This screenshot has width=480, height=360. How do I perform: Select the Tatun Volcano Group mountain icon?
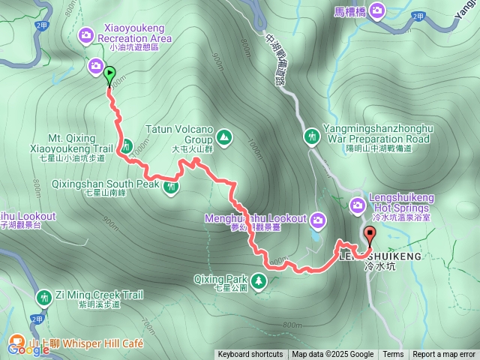point(223,137)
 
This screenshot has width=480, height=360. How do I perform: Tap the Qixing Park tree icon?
point(259,280)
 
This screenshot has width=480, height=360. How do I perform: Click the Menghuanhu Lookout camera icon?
point(318,220)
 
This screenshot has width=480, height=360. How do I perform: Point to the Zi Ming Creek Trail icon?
point(44,298)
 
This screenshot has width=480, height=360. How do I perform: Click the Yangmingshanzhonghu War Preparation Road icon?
point(313,136)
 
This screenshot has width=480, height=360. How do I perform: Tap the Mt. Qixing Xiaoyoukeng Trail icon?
point(127,145)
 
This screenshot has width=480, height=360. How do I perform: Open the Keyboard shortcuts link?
point(250,355)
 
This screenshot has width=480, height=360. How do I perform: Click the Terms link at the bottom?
point(393,355)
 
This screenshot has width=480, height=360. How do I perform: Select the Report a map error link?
point(444,355)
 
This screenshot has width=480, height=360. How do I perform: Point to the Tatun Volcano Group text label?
point(180,133)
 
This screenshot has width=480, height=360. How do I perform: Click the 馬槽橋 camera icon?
point(376,10)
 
